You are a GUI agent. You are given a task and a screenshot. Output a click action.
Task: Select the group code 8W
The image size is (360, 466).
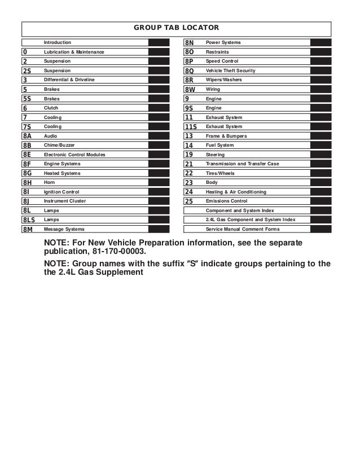click(191, 89)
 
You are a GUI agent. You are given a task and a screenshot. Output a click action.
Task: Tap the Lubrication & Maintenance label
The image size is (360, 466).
click(74, 52)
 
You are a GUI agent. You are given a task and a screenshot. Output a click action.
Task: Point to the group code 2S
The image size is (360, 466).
click(27, 71)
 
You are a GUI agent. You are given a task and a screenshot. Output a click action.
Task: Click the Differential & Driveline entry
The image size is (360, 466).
click(69, 80)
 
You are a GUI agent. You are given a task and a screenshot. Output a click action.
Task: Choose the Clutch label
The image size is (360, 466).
click(51, 108)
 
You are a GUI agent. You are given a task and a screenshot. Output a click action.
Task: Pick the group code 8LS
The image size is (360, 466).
click(29, 219)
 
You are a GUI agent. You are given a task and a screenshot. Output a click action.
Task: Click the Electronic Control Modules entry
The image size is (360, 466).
click(74, 155)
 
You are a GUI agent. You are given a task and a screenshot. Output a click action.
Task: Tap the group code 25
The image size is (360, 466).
click(189, 201)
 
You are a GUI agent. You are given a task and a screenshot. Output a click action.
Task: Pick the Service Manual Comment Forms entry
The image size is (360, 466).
click(242, 229)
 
